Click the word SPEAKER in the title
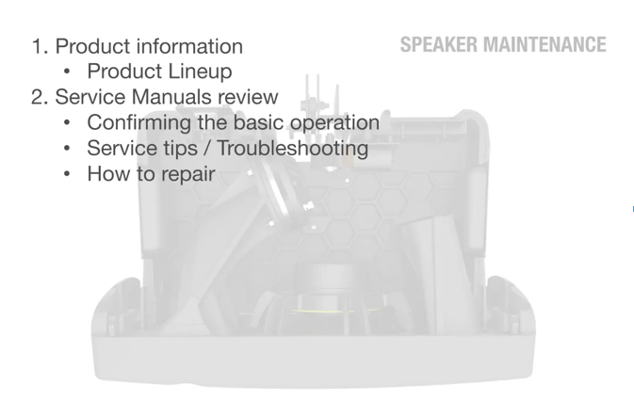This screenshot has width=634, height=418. click(x=439, y=44)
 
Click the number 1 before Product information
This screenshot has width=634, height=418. click(x=37, y=46)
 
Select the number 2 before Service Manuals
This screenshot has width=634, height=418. click(x=37, y=97)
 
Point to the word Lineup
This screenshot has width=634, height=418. click(x=200, y=72)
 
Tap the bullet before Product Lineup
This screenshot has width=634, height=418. click(x=67, y=72)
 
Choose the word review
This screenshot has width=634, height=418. click(x=248, y=97)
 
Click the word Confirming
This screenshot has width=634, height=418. click(x=139, y=122)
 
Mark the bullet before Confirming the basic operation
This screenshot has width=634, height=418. click(x=67, y=122)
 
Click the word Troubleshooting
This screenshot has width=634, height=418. click(x=293, y=148)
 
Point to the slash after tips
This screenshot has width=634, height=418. click(x=207, y=148)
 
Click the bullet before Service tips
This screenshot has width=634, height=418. click(x=67, y=149)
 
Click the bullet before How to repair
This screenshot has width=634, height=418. click(x=67, y=174)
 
